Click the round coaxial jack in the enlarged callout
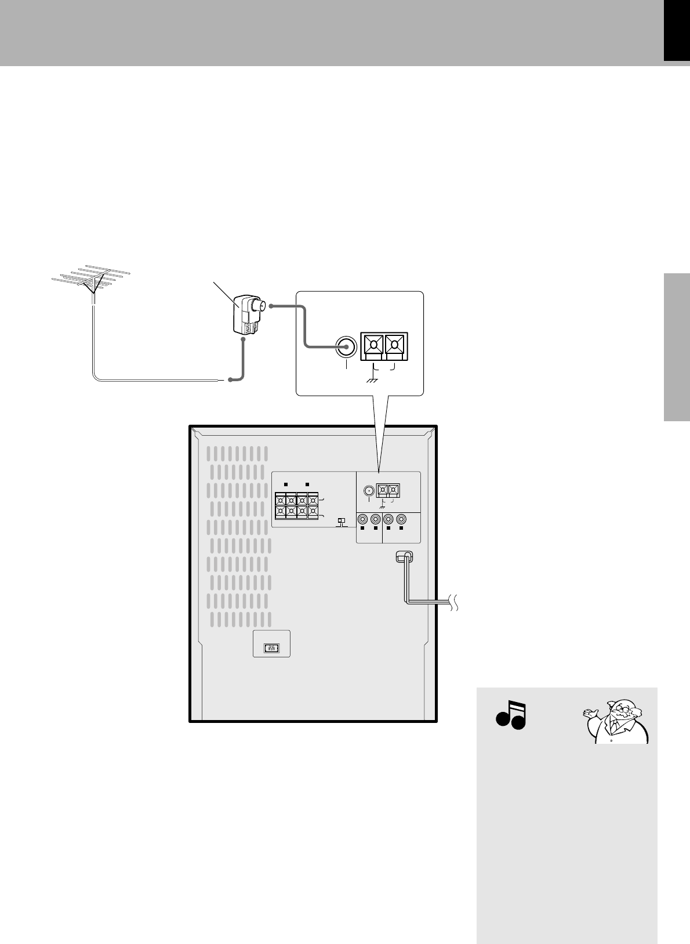346,347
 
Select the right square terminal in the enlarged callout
395,346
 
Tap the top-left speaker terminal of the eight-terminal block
281,500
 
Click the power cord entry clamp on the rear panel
404,556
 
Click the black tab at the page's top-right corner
677,30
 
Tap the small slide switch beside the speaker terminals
342,521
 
